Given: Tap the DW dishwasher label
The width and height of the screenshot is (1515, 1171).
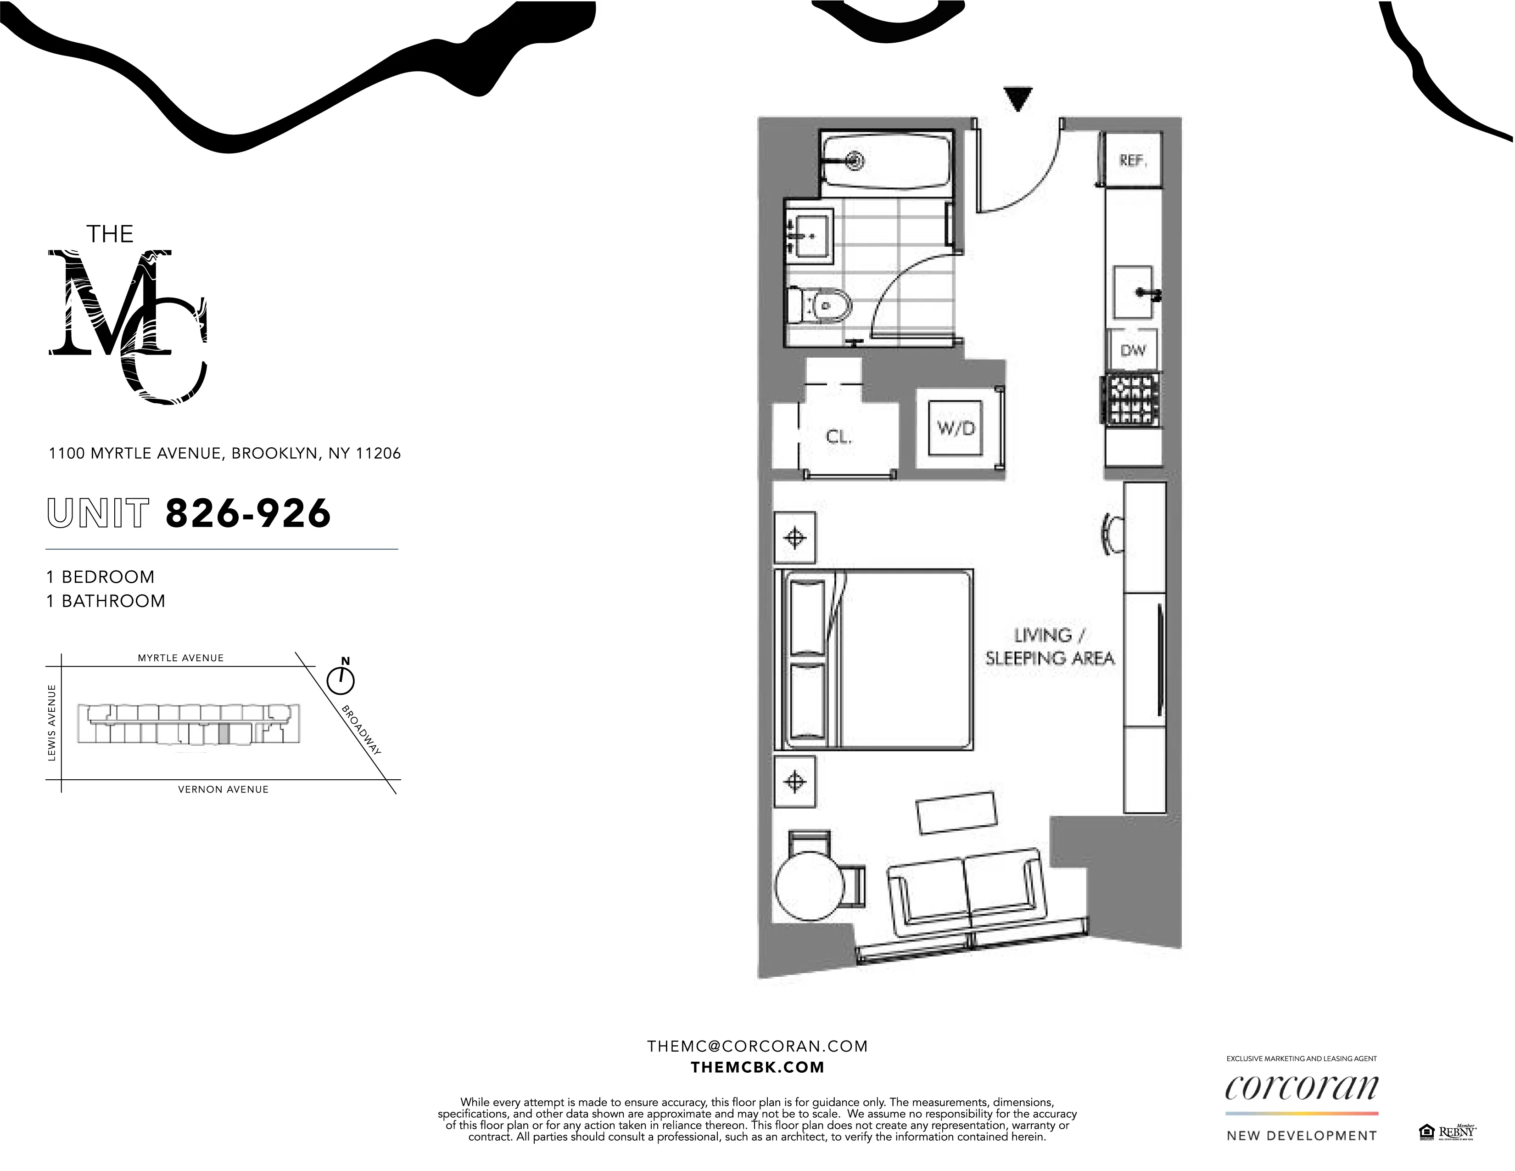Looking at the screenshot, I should [x=1133, y=350].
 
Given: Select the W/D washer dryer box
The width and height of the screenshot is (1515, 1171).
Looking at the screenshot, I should [x=956, y=428].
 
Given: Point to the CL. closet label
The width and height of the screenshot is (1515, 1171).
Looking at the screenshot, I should [x=838, y=437].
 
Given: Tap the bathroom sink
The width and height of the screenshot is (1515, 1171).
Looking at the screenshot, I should [x=810, y=236].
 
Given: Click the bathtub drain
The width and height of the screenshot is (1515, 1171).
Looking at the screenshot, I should [x=857, y=161].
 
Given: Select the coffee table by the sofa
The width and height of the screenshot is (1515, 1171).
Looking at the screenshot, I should [x=956, y=812].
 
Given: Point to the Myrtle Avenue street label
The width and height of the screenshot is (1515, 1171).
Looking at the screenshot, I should [x=180, y=658].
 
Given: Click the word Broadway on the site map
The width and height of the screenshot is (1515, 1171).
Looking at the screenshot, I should [x=361, y=730].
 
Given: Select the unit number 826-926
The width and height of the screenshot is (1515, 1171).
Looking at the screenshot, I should [x=248, y=514].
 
